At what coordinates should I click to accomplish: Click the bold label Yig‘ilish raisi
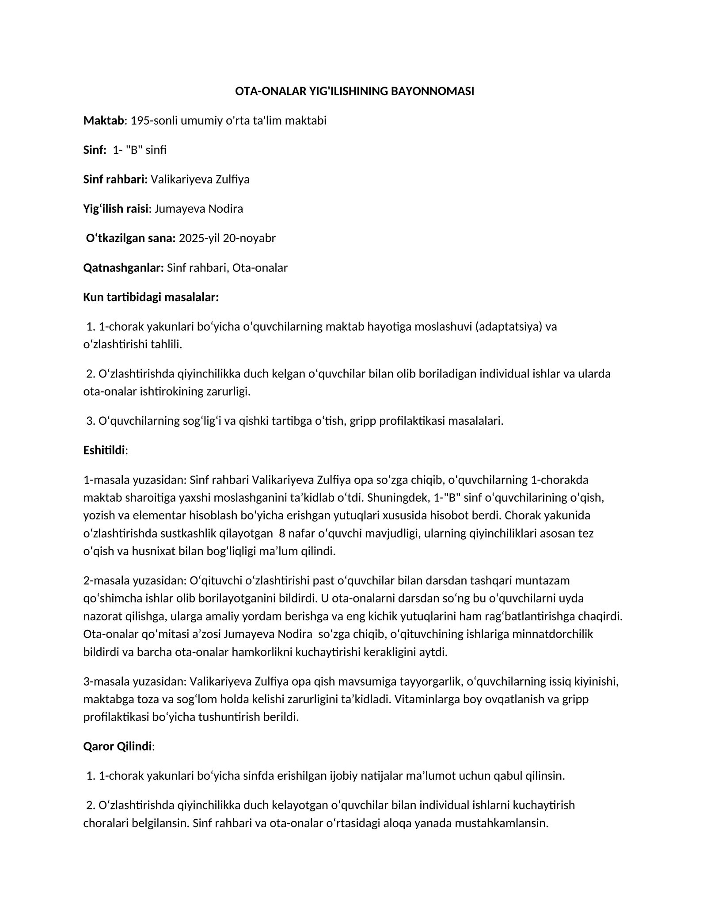(x=115, y=209)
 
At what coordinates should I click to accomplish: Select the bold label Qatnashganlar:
(x=123, y=268)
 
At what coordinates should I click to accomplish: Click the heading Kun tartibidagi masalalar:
(x=151, y=297)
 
